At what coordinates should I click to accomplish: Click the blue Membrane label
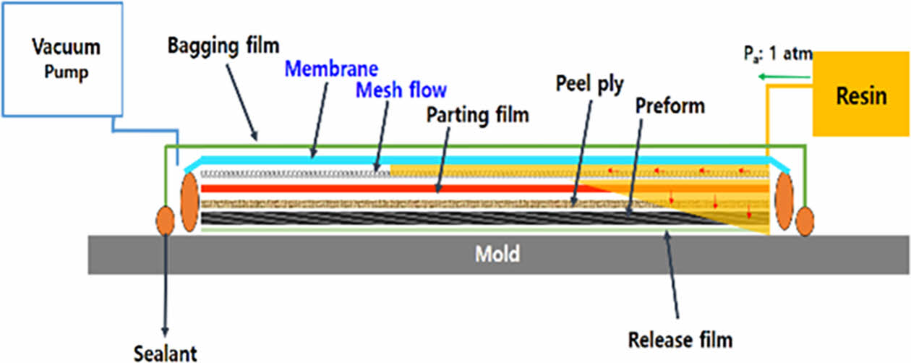331,69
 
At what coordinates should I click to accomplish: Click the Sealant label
165,353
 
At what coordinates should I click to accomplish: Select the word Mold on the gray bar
497,255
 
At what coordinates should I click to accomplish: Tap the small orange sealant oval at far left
166,220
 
